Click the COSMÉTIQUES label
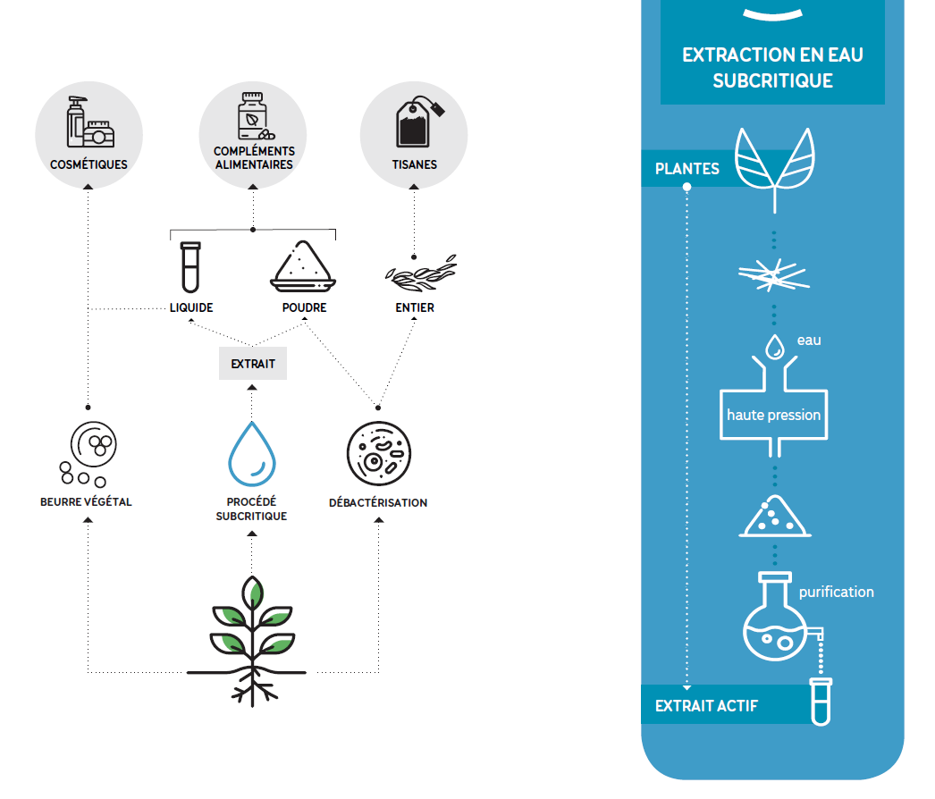coord(88,164)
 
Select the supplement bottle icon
coord(255,116)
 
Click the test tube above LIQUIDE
coord(190,267)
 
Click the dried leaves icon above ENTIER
coord(421,273)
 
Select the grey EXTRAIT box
coord(253,363)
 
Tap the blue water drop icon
coord(252,454)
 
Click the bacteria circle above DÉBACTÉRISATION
coord(379,454)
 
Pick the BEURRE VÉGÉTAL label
coord(86,502)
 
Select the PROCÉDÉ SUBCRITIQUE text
coord(252,509)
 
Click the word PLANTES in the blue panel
coord(687,169)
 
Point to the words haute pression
coord(773,415)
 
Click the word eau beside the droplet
coord(809,341)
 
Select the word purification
coord(836,592)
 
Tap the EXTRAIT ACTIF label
coord(706,706)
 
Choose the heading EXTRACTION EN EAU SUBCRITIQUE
coord(773,67)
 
